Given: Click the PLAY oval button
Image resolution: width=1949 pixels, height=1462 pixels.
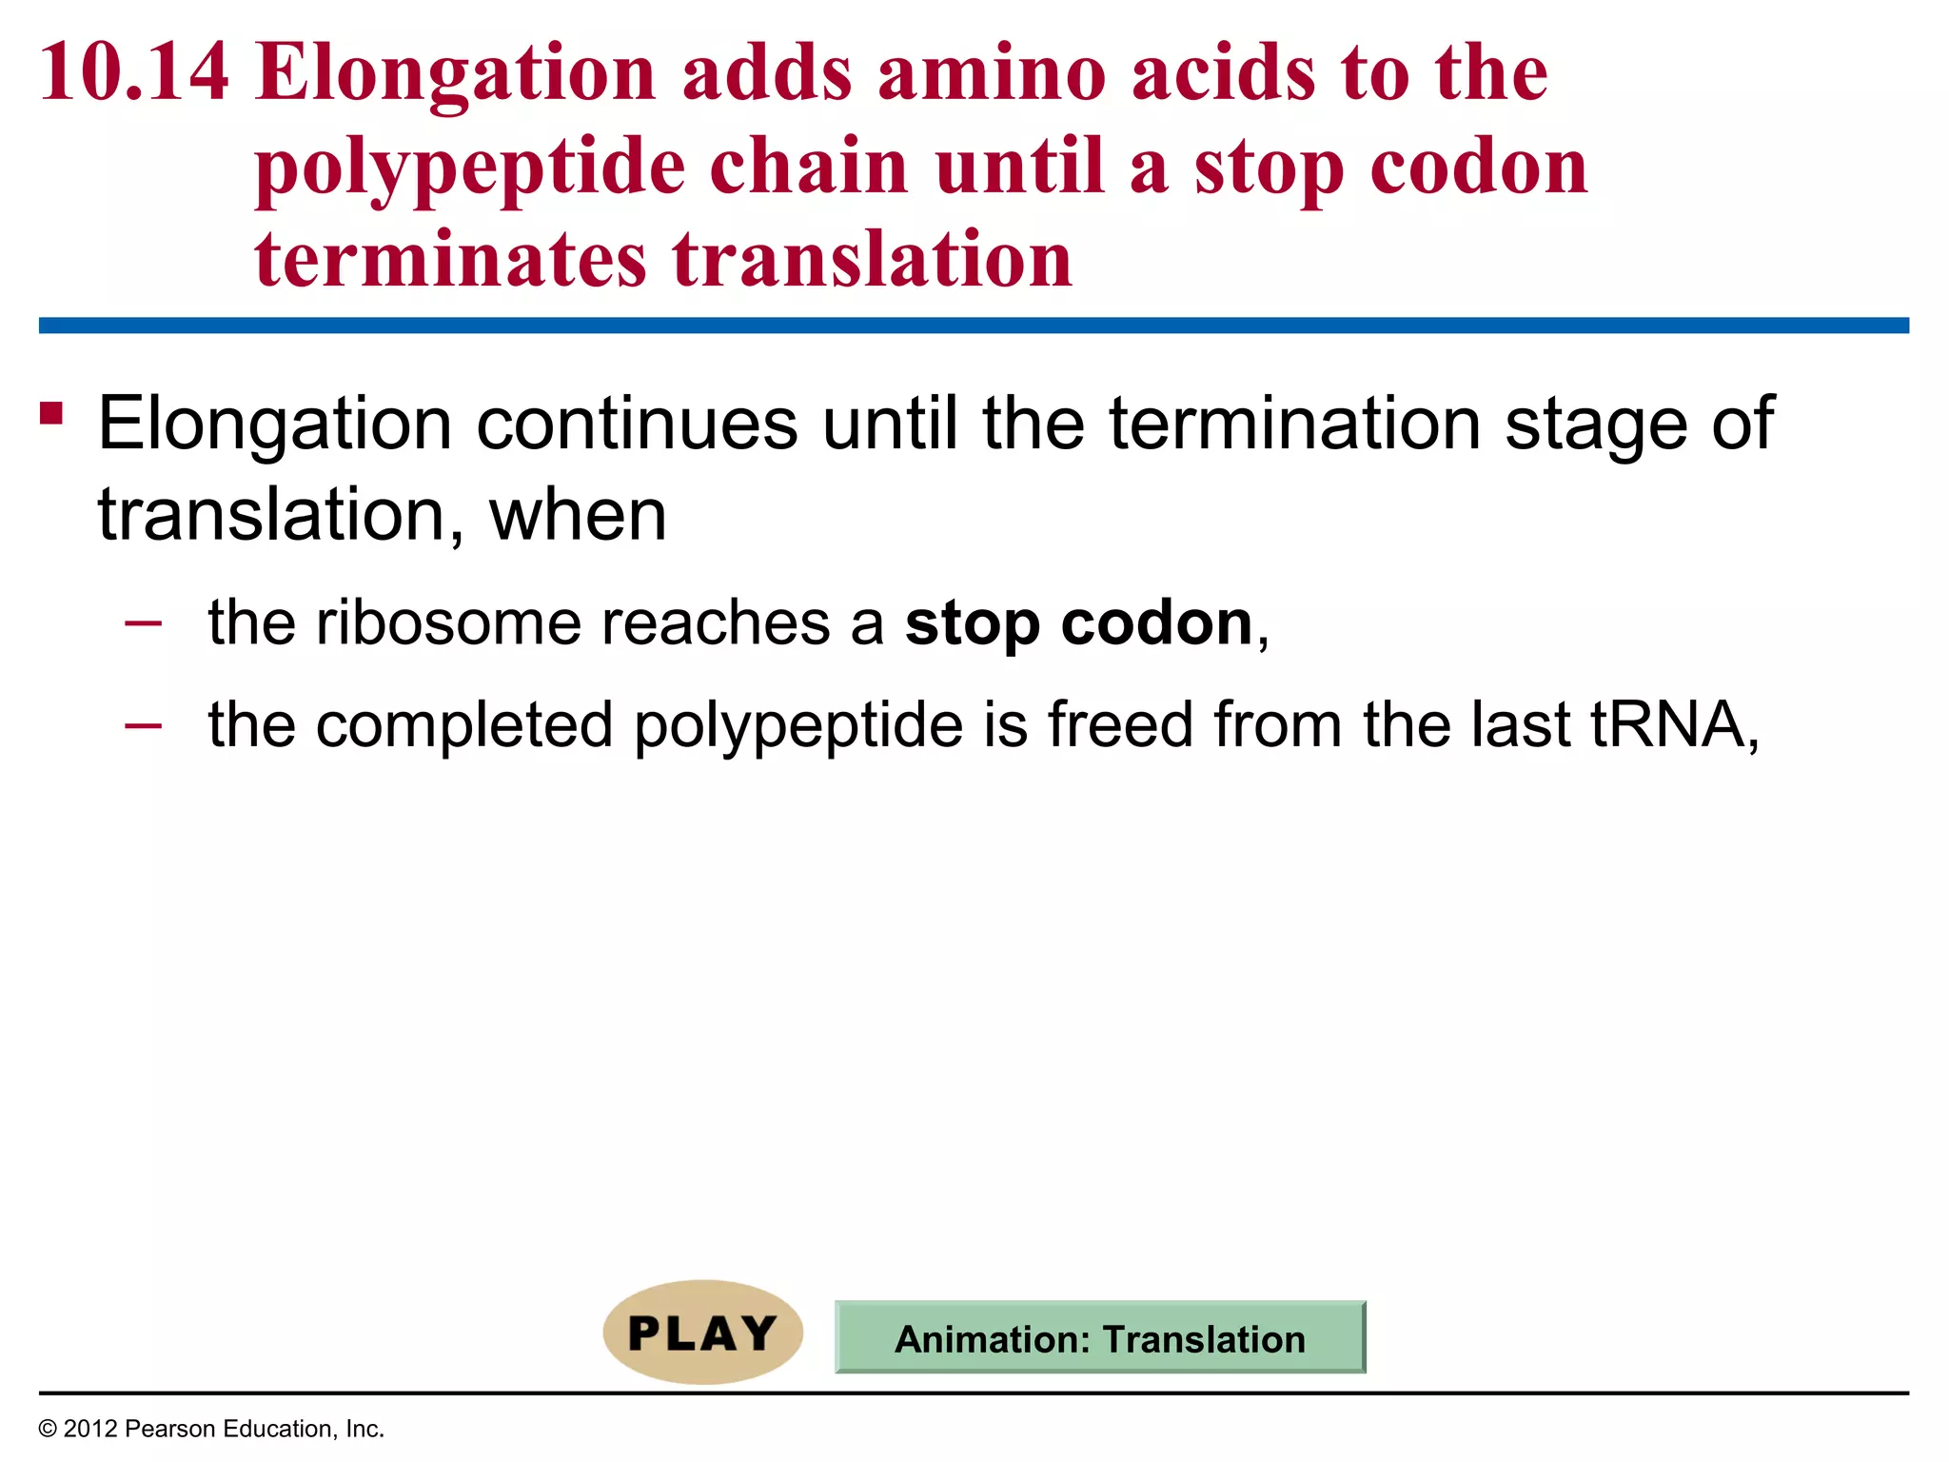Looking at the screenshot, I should pos(702,1333).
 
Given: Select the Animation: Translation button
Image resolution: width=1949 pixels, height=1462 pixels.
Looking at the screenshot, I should pos(1100,1338).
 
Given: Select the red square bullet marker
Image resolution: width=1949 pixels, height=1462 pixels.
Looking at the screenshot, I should pos(51,413).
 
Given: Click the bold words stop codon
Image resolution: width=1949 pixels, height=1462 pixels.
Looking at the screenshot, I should pos(1078,623).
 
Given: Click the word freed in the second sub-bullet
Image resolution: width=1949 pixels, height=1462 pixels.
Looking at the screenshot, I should pos(1120,724).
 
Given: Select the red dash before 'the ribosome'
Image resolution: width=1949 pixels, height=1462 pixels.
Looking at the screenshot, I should pos(143,623).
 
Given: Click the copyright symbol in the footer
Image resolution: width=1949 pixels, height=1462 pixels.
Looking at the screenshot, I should pos(48,1429).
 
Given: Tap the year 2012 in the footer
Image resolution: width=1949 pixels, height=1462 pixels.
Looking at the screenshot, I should pos(89,1429).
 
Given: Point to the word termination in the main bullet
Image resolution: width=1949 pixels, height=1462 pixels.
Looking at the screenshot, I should pos(1294,424).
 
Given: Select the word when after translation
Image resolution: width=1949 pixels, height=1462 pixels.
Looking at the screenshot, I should pos(578,515).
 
